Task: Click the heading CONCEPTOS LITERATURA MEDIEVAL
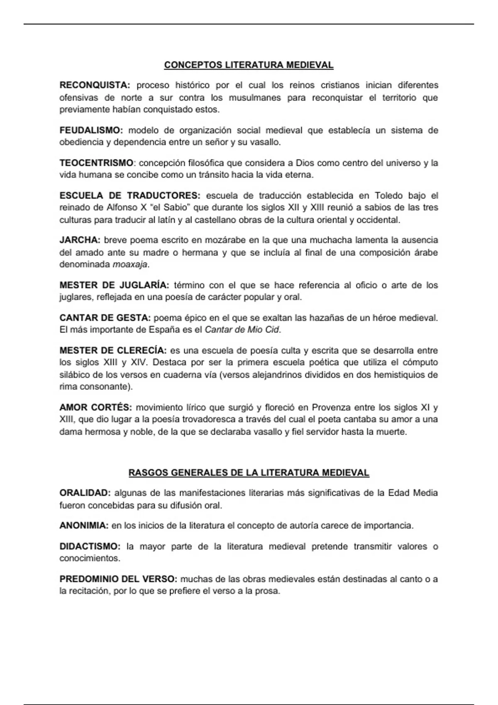249,65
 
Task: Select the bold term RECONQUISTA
95,85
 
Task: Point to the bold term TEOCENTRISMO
96,163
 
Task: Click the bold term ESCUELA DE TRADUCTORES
130,195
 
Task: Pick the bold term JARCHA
80,240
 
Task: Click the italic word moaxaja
130,265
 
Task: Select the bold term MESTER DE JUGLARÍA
114,285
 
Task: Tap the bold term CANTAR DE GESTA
105,318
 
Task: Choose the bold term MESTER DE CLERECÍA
113,351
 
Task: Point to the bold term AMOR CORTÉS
95,407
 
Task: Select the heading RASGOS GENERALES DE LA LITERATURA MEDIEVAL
249,473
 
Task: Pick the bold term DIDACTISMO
90,547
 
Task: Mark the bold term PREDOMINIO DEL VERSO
118,579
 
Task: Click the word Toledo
389,195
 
